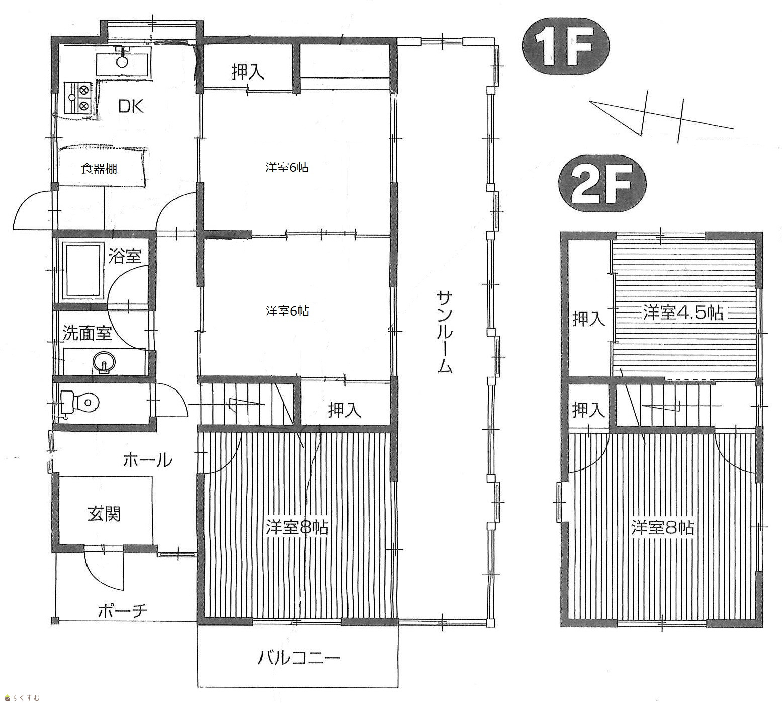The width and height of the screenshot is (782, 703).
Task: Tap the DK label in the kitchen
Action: pyautogui.click(x=131, y=106)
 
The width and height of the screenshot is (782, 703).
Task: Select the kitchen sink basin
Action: pyautogui.click(x=122, y=61)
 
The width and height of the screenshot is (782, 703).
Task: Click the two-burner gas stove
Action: pyautogui.click(x=77, y=98)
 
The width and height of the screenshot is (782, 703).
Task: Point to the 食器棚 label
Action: pyautogui.click(x=99, y=169)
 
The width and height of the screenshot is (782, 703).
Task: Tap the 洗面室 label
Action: pyautogui.click(x=87, y=333)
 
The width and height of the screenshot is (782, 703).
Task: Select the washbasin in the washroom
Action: pyautogui.click(x=104, y=363)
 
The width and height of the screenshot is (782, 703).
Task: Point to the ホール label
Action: pyautogui.click(x=147, y=460)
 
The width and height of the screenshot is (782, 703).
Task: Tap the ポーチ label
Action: pyautogui.click(x=123, y=611)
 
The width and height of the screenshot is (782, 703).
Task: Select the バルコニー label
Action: pyautogui.click(x=300, y=658)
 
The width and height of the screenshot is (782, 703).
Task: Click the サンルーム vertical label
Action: pyautogui.click(x=445, y=332)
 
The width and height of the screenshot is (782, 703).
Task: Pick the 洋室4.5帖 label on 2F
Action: pyautogui.click(x=683, y=313)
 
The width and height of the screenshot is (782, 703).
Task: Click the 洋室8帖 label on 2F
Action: pyautogui.click(x=663, y=528)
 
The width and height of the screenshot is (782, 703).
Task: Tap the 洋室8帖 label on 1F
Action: pyautogui.click(x=297, y=528)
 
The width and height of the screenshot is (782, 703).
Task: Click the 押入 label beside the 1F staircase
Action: pyautogui.click(x=345, y=411)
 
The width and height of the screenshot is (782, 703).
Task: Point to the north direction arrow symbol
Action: pyautogui.click(x=661, y=117)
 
